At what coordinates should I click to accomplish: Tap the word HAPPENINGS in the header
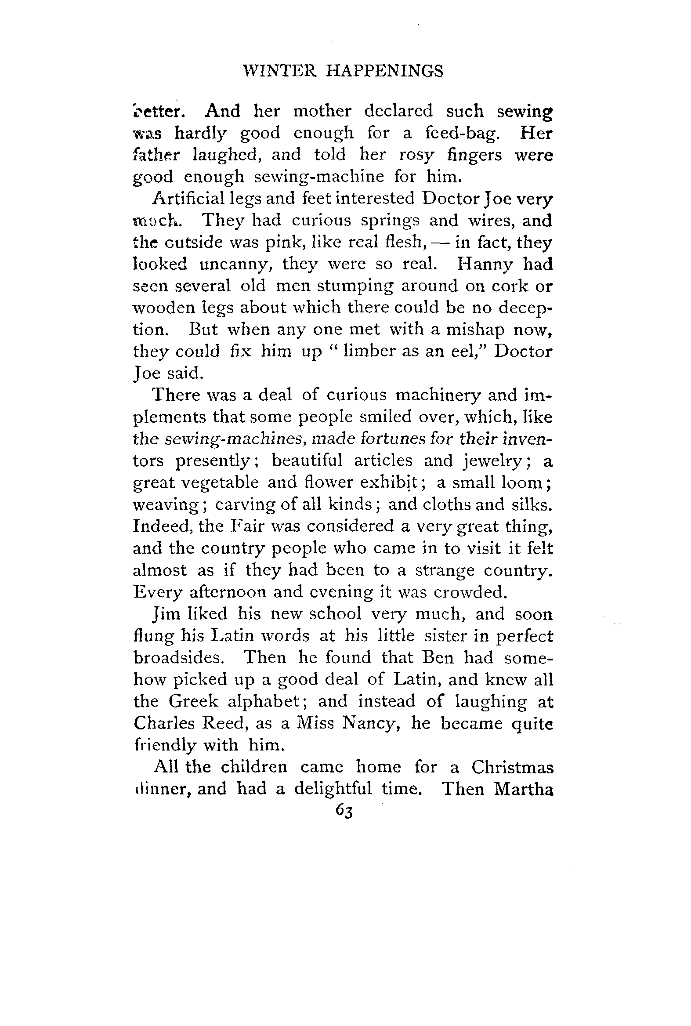[384, 71]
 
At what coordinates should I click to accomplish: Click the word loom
[523, 483]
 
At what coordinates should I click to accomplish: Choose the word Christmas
[512, 767]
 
